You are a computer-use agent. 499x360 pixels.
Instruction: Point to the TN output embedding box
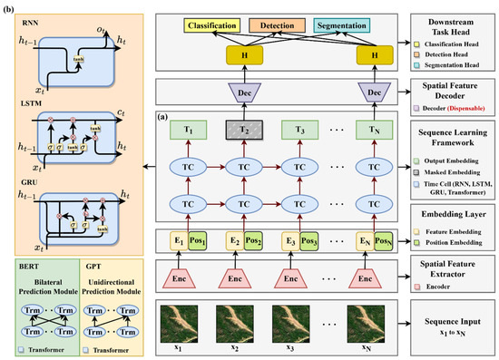[372, 130]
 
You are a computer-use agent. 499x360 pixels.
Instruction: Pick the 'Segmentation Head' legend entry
[451, 68]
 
